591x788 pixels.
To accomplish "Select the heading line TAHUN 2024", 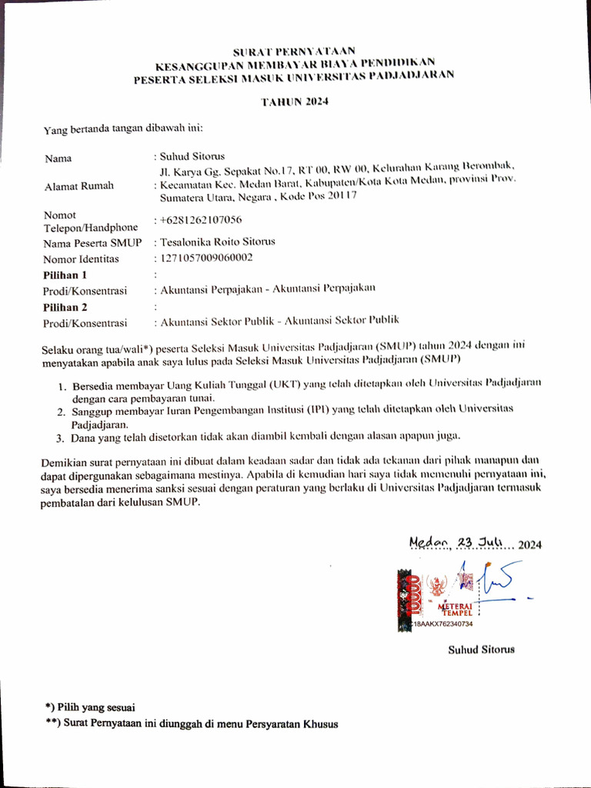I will click(295, 102).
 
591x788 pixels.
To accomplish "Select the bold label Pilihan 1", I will click(65, 275).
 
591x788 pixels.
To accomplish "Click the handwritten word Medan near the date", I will click(429, 543).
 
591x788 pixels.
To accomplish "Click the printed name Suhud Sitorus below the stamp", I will click(482, 649).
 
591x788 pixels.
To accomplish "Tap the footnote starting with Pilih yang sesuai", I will click(90, 706).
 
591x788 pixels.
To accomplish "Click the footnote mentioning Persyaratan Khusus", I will click(191, 723).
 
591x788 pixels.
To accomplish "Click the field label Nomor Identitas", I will click(81, 259).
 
